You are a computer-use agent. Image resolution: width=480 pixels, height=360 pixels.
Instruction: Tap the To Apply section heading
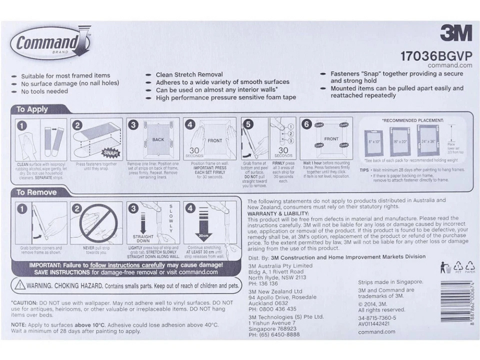click(32, 109)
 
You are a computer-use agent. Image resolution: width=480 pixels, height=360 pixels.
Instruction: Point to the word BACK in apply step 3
click(158, 140)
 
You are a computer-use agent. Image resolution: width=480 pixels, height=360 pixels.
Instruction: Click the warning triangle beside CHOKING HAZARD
click(20, 286)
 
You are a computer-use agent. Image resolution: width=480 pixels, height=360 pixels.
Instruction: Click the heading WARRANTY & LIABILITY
click(278, 213)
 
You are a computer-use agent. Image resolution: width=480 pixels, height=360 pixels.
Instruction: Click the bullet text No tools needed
click(44, 91)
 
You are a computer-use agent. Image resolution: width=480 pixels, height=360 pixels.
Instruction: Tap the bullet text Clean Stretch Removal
click(189, 74)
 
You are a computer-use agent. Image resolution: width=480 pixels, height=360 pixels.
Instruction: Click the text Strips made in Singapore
click(390, 282)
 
